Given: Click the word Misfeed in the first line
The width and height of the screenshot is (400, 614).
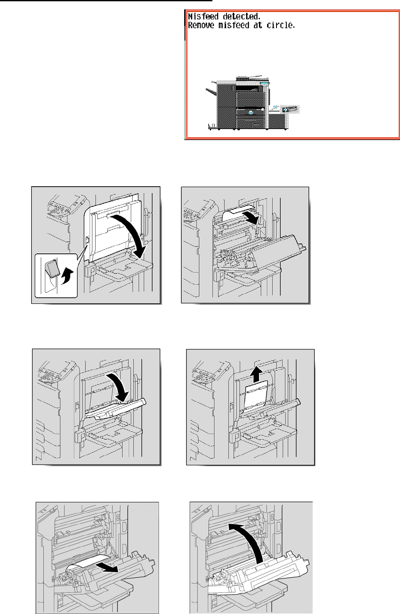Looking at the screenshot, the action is pyautogui.click(x=203, y=16).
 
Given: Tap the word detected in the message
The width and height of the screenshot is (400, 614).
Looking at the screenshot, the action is pyautogui.click(x=241, y=16).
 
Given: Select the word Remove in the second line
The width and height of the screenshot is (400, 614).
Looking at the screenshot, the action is pyautogui.click(x=201, y=25).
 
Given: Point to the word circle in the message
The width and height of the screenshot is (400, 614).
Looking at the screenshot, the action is pyautogui.click(x=281, y=25).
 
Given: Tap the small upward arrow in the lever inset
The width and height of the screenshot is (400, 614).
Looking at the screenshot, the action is pyautogui.click(x=67, y=276).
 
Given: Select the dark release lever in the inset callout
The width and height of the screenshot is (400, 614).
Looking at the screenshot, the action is pyautogui.click(x=53, y=269).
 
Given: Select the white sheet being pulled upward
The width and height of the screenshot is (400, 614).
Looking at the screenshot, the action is pyautogui.click(x=256, y=397).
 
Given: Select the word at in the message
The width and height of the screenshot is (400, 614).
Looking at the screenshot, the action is pyautogui.click(x=258, y=25).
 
